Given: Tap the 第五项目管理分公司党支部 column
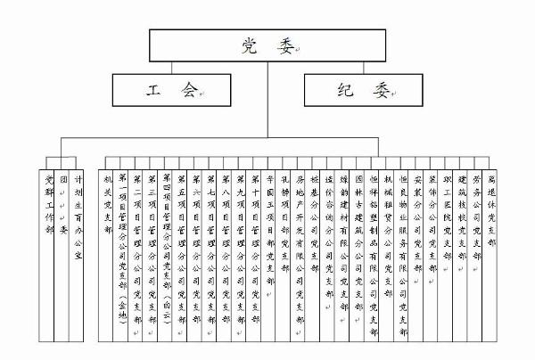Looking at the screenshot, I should click(182, 241).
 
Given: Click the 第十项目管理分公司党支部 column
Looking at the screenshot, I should click(255, 241).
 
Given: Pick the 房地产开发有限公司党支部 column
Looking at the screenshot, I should click(300, 241).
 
